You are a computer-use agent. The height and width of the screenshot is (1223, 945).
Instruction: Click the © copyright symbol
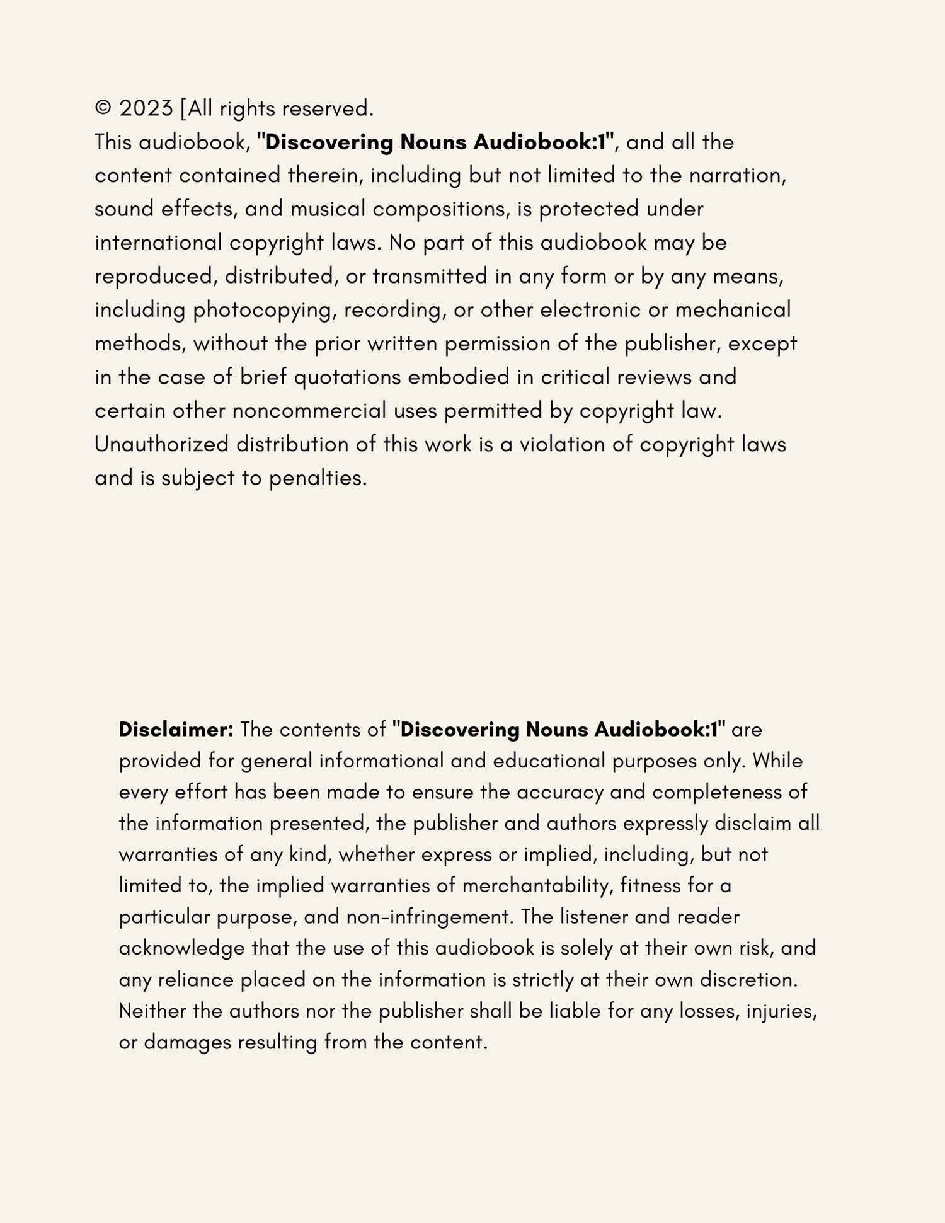pyautogui.click(x=103, y=108)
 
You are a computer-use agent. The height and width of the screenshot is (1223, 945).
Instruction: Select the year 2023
pyautogui.click(x=146, y=108)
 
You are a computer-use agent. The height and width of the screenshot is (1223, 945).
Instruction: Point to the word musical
pyautogui.click(x=328, y=209)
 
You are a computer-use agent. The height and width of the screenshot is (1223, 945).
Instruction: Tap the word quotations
pyautogui.click(x=347, y=377)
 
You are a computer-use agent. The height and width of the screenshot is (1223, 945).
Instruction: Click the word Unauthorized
pyautogui.click(x=161, y=444)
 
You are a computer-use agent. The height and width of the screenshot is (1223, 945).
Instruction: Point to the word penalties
pyautogui.click(x=318, y=478)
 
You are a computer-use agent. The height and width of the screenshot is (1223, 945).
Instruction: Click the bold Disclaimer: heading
pyautogui.click(x=176, y=730)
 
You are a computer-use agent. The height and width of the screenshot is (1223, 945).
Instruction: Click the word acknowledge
pyautogui.click(x=181, y=948)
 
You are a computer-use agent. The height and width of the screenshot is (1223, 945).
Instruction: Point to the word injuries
pyautogui.click(x=781, y=1011)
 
